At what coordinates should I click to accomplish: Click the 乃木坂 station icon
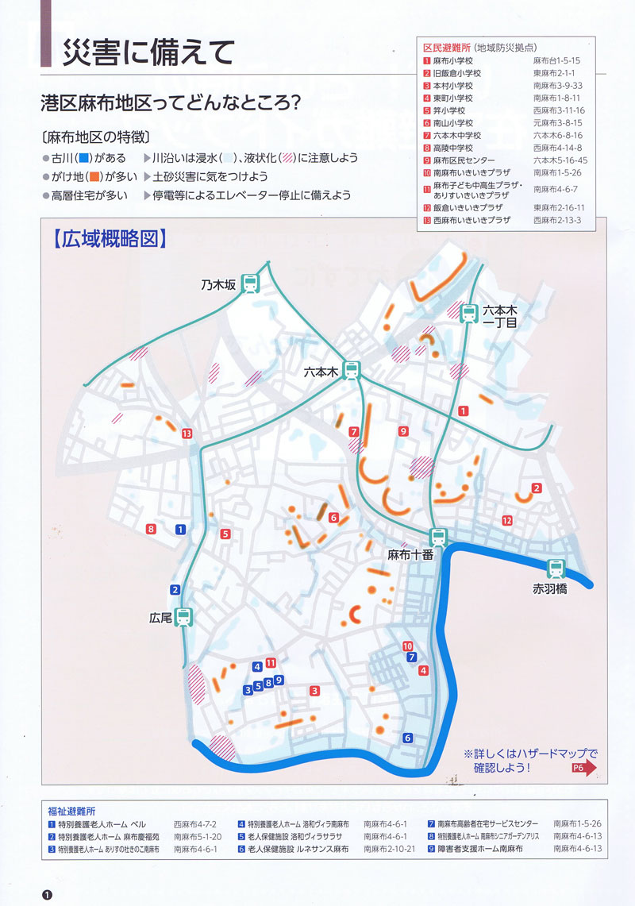click(x=250, y=282)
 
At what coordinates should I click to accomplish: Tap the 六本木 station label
click(x=321, y=372)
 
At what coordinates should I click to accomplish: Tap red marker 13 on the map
click(x=187, y=434)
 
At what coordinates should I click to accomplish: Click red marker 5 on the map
click(x=226, y=534)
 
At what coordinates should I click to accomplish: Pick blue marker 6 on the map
click(x=408, y=738)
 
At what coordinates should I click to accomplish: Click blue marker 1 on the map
click(x=180, y=529)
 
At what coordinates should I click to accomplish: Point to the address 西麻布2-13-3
click(x=557, y=220)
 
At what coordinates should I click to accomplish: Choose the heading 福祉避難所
click(x=71, y=812)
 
